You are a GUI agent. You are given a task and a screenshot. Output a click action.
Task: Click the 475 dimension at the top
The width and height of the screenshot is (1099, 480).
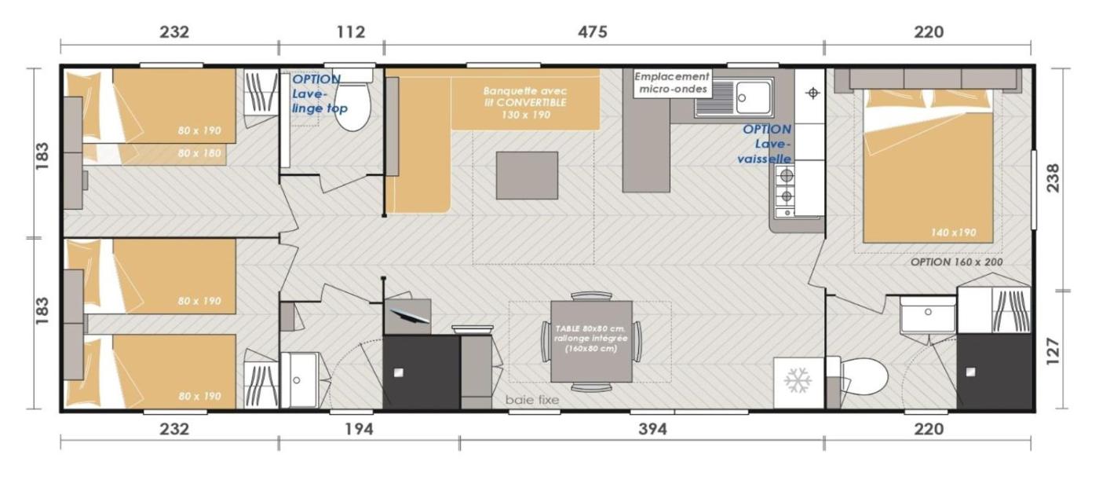pos(592,32)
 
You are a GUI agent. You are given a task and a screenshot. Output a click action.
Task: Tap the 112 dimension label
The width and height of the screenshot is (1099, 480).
pos(351,32)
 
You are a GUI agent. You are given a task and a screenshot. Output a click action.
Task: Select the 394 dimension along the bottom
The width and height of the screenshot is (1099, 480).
pos(652,430)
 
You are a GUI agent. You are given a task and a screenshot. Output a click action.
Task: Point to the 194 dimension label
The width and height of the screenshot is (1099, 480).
pos(359,430)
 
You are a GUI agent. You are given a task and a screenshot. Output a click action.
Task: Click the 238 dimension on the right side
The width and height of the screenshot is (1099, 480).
pos(1053,178)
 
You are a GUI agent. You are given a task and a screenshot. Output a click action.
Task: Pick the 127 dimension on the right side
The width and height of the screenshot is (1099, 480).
pos(1053,350)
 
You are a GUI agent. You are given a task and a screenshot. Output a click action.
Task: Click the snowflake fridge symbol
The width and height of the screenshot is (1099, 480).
pos(798,381)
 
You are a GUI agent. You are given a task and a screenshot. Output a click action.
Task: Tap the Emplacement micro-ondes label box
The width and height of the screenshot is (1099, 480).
pos(672,83)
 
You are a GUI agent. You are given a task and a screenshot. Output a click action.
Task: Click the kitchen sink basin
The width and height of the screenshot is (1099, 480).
pos(753,97)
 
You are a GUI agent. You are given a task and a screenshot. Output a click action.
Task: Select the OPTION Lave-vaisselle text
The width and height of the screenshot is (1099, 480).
pos(765,144)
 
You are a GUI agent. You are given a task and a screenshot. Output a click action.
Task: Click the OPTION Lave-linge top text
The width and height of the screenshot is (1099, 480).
pos(319,93)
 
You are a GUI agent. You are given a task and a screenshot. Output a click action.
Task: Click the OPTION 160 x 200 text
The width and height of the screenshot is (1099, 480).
pos(956,262)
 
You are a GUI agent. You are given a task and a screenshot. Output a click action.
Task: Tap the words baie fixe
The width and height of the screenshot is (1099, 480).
pos(532,400)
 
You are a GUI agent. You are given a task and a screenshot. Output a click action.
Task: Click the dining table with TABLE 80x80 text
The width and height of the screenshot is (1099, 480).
pos(591,342)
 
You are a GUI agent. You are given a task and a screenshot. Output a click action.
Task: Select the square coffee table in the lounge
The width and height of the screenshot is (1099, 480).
pos(527,175)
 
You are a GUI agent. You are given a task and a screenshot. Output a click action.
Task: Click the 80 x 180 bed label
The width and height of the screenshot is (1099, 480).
pos(199,153)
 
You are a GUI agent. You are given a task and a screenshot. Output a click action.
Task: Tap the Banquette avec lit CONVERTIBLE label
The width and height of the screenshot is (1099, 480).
pos(525,103)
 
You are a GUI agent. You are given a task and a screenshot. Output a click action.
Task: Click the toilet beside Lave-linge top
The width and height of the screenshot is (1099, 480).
pos(352,101)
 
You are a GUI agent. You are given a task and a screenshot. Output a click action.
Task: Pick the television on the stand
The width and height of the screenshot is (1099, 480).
pos(408,316)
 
